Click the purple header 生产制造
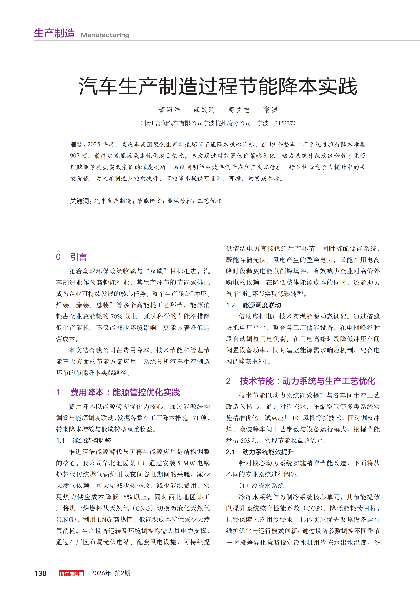click(x=54, y=33)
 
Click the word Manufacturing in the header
click(x=105, y=35)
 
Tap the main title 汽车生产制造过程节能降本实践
click(x=218, y=86)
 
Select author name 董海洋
click(x=169, y=110)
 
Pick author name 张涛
click(x=270, y=110)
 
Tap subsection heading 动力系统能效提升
click(x=268, y=452)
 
